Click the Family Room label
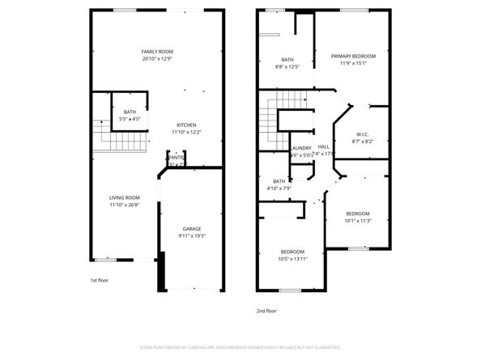(x=157, y=52)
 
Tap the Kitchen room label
(x=187, y=125)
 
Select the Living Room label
(x=125, y=198)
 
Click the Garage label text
(x=191, y=229)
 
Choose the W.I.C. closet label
(x=363, y=134)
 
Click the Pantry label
(x=177, y=158)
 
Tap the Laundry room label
(x=301, y=148)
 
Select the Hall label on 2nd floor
(x=323, y=146)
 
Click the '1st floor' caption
(x=98, y=280)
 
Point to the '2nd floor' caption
(x=266, y=310)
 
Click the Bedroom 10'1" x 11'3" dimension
(x=357, y=220)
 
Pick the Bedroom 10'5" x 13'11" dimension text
(x=292, y=258)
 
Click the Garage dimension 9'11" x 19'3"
(x=191, y=235)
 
